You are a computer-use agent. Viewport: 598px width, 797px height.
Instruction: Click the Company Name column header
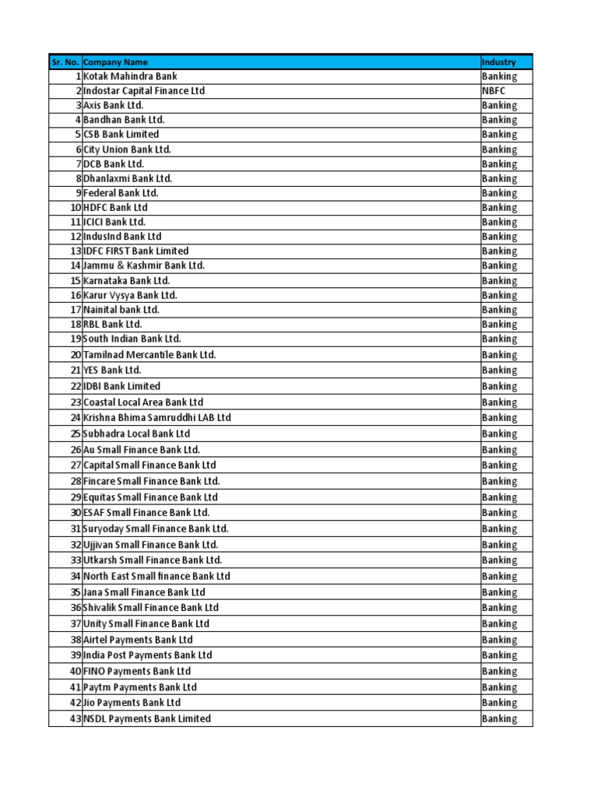[115, 62]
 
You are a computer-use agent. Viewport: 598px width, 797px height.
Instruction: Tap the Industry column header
[498, 62]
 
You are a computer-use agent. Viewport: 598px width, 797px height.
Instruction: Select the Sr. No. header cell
[65, 62]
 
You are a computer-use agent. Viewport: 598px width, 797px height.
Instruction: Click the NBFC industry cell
[494, 91]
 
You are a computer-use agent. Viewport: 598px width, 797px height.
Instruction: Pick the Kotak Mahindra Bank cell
[130, 76]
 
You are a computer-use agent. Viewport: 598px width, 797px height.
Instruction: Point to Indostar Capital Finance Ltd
[144, 91]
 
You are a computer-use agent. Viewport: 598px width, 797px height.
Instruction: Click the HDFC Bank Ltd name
[115, 208]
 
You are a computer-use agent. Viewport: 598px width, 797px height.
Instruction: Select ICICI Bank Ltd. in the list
[114, 222]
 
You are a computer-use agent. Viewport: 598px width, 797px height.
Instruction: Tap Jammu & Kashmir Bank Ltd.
[144, 265]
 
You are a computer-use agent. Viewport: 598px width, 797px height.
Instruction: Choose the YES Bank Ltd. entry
[112, 370]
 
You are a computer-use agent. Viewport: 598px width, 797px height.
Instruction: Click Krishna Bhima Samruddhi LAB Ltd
[157, 418]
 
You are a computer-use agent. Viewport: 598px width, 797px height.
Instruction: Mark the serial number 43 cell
[75, 719]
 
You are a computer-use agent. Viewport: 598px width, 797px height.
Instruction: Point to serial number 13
[75, 251]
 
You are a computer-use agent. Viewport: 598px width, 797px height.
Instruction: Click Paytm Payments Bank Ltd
[140, 687]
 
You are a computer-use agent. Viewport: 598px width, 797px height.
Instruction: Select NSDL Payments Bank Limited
[147, 719]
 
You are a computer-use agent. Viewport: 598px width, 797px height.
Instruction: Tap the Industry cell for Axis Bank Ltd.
[499, 105]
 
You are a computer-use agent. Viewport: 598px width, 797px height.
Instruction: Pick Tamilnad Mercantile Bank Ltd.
[149, 355]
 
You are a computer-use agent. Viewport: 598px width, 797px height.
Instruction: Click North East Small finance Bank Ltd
[157, 577]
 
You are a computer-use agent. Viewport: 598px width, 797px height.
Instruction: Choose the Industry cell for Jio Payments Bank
[499, 703]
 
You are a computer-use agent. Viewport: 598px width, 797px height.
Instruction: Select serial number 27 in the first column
[75, 465]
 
